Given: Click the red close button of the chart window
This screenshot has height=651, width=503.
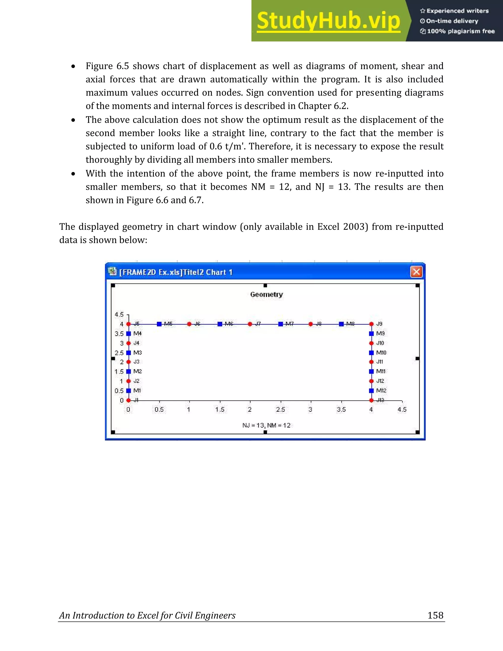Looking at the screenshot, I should [416, 272].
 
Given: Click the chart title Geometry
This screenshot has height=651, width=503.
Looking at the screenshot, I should [266, 295].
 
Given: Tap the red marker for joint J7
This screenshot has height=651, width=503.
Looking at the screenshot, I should [250, 324].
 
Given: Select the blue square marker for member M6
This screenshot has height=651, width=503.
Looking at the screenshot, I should [220, 324].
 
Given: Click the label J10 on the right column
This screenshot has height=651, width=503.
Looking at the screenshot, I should [380, 343].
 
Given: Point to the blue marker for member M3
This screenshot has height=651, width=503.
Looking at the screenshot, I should [128, 353].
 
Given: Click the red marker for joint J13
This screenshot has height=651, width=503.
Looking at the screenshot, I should [371, 400].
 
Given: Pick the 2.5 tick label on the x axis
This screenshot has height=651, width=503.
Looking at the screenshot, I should [280, 410].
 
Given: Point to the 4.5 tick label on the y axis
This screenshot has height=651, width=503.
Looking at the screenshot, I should [119, 314].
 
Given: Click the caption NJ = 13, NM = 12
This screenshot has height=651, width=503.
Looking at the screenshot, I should [266, 425].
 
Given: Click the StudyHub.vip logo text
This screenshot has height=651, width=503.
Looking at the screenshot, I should [328, 21].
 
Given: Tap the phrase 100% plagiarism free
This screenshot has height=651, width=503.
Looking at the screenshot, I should [461, 31].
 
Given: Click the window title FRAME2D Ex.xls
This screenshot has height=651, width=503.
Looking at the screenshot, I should [176, 272].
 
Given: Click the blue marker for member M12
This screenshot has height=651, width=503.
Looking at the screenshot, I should [371, 391].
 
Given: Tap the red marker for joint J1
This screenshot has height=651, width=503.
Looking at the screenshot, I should [128, 400].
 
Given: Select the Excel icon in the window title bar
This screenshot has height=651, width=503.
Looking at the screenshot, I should [112, 271].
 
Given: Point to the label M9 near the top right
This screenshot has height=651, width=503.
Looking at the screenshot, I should [380, 334].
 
